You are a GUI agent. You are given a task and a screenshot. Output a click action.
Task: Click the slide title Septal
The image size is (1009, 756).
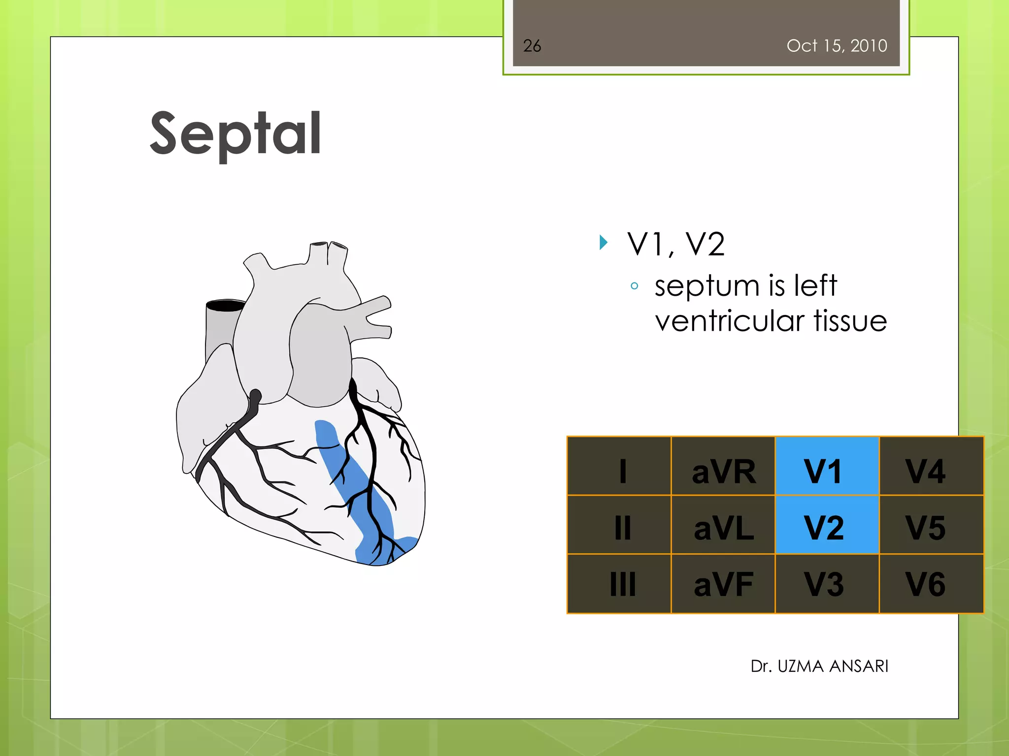(235, 134)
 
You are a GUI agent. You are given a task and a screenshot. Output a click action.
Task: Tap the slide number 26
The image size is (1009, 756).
(532, 46)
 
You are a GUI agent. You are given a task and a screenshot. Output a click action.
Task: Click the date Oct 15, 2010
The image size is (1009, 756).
(837, 46)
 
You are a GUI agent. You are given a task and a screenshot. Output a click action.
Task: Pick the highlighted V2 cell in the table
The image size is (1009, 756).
(827, 525)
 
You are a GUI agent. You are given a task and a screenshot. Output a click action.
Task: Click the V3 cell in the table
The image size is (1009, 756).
(827, 584)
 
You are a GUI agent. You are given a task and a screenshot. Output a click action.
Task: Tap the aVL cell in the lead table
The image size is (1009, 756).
(723, 525)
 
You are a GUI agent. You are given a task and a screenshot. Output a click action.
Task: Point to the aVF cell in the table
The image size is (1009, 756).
(723, 584)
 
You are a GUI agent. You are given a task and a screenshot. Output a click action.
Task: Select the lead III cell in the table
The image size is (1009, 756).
(619, 584)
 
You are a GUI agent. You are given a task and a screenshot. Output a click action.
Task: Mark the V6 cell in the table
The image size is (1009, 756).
(931, 584)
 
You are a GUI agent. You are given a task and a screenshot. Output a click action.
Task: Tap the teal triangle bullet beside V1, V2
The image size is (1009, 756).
(604, 242)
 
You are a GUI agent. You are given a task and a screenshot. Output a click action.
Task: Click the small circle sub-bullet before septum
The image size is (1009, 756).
(635, 286)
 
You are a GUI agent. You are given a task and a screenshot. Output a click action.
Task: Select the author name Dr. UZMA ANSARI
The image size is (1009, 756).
(819, 666)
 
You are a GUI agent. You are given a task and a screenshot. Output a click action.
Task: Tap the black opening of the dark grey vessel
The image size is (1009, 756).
(226, 306)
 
